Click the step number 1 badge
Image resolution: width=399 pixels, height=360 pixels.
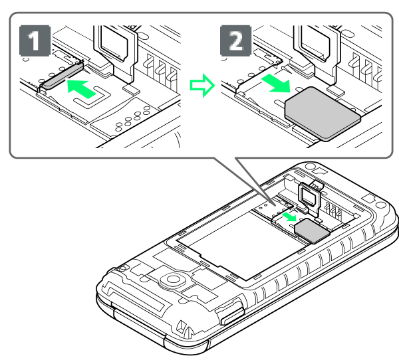pyautogui.click(x=35, y=41)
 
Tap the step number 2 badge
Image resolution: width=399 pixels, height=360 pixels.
pyautogui.click(x=235, y=41)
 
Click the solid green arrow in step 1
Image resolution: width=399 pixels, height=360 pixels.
pyautogui.click(x=81, y=88)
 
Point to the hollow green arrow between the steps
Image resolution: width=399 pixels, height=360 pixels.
pyautogui.click(x=202, y=86)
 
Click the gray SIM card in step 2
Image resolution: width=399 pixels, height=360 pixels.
pyautogui.click(x=322, y=114)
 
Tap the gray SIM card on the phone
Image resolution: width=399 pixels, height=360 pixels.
pyautogui.click(x=312, y=231)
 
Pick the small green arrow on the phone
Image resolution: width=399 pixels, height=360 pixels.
pyautogui.click(x=290, y=217)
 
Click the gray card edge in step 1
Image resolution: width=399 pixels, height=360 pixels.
pyautogui.click(x=63, y=76)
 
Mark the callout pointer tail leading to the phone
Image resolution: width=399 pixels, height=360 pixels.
pyautogui.click(x=244, y=181)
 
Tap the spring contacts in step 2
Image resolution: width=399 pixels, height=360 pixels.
pyautogui.click(x=366, y=66)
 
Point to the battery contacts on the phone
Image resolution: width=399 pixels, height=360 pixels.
pyautogui.click(x=333, y=209)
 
